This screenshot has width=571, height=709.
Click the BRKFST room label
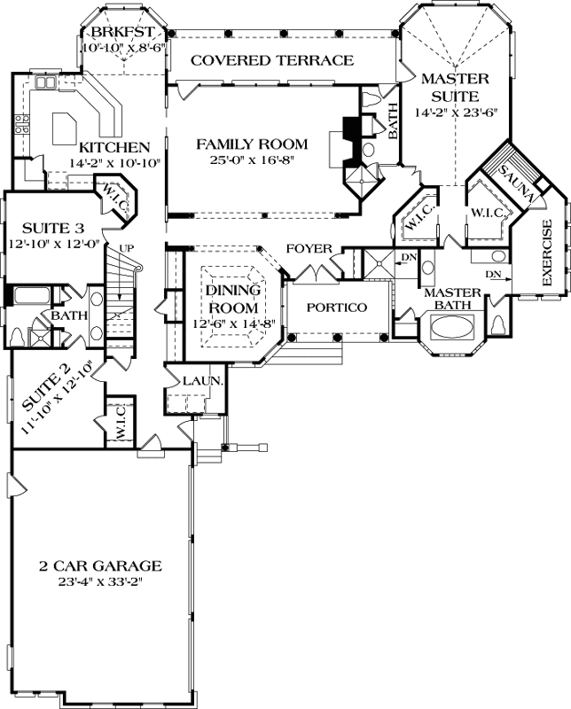118,34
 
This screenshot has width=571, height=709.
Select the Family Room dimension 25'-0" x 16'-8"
252,160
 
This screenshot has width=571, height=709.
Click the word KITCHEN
114,146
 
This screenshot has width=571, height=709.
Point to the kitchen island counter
68,129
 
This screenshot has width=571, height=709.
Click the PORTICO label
337,307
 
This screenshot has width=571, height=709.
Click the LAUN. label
198,380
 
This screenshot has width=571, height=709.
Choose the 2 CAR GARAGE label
99,565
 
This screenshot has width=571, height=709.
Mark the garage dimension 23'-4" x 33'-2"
99,582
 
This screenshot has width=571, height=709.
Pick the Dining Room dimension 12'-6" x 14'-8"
229,323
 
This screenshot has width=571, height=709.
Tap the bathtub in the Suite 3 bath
30,295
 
